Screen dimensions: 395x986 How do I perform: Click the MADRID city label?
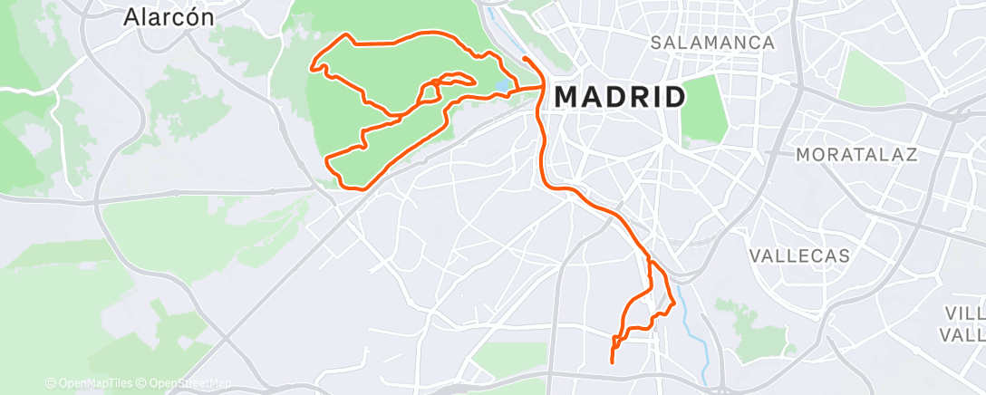coord(619,96)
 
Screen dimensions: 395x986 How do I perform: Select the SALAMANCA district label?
coord(713,43)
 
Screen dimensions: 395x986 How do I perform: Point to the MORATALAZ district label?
coord(856,155)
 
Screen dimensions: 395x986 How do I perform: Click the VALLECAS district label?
coord(799,256)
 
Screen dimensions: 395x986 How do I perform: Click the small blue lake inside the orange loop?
coord(501,88)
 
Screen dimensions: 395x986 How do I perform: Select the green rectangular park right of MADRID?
coord(704,111)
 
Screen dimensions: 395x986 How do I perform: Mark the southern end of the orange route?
coord(613,362)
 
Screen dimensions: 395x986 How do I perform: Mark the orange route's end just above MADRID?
coord(525,59)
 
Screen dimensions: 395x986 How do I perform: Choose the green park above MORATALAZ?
coord(871,78)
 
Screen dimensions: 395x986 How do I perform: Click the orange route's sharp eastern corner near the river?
coord(674,305)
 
